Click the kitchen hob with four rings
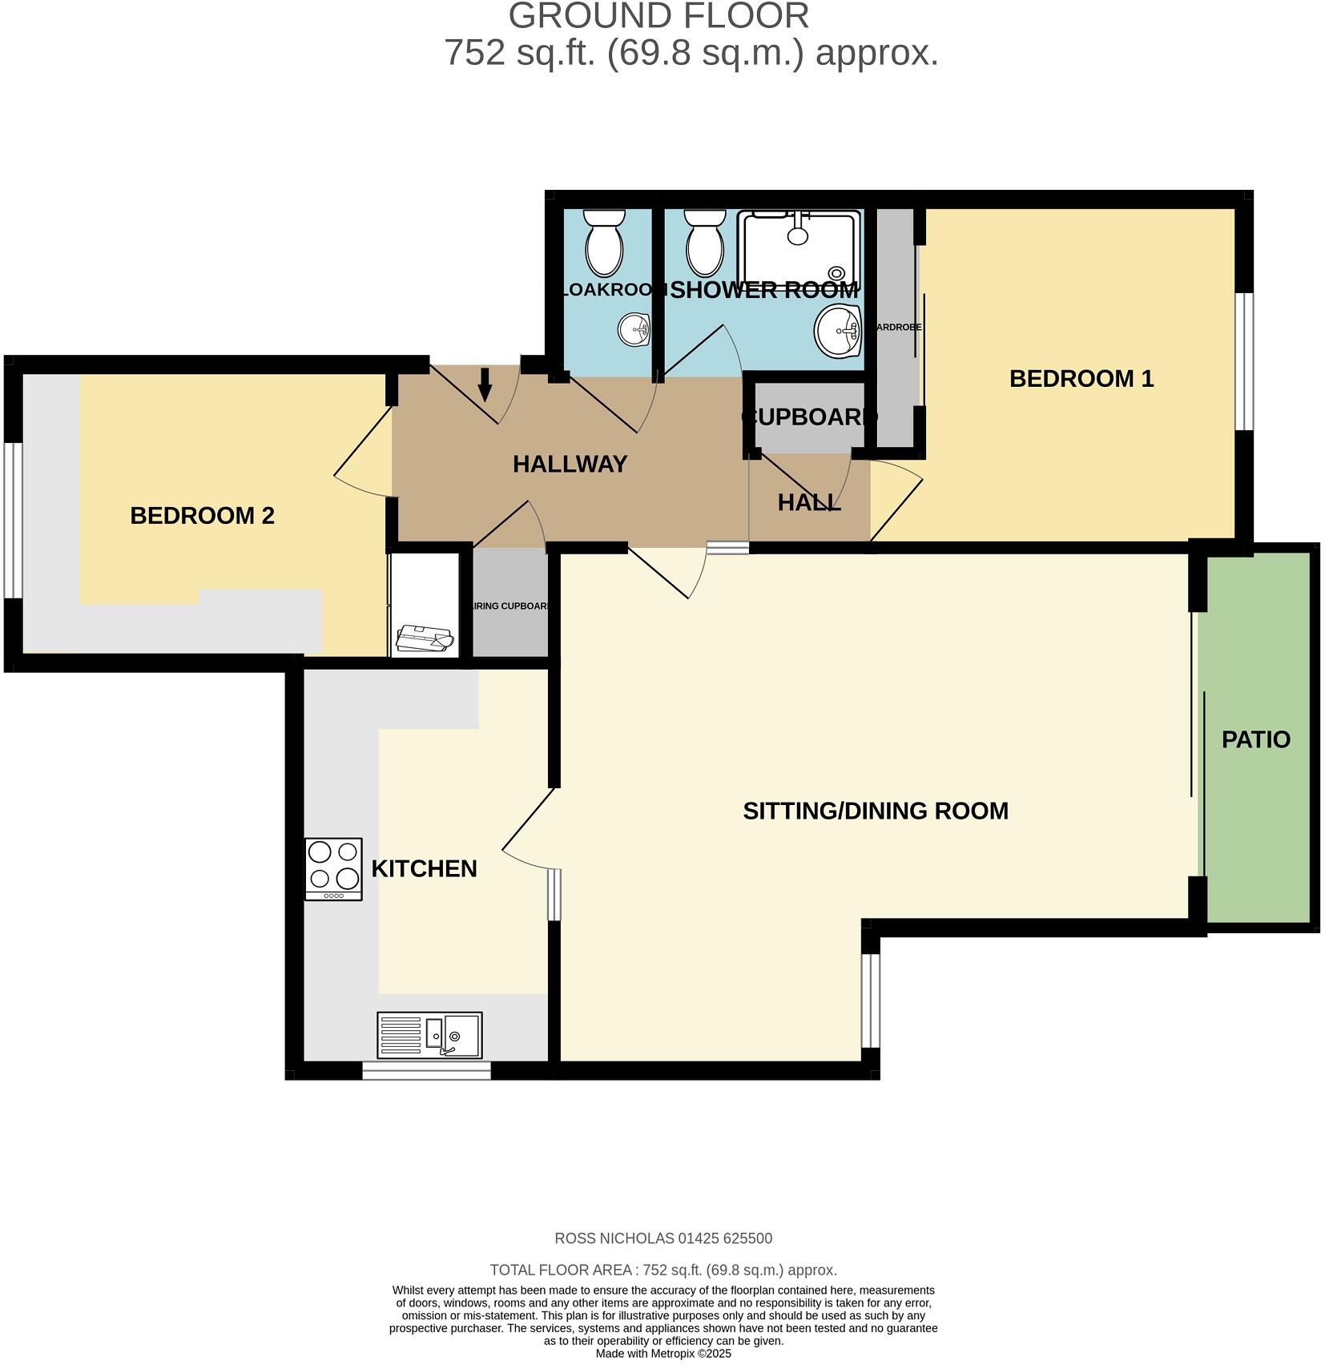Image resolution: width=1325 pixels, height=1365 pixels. [x=333, y=868]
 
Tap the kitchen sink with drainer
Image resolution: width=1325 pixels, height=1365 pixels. [x=429, y=1034]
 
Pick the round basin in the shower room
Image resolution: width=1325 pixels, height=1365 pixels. [x=837, y=330]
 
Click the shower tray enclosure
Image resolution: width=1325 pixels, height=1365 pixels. [x=800, y=248]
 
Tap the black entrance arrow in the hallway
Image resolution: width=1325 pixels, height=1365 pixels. [x=485, y=385]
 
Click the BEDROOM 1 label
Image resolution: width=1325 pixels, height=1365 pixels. [x=1081, y=378]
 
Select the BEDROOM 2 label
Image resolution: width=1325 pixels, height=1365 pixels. [x=202, y=515]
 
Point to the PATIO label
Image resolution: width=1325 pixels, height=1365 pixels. [x=1255, y=739]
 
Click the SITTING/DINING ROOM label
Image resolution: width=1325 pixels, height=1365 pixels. [x=875, y=811]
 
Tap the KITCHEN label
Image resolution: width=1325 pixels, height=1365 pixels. [x=424, y=868]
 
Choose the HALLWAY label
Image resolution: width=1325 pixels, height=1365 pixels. [x=570, y=464]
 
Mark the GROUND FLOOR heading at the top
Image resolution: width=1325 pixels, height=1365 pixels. [x=658, y=16]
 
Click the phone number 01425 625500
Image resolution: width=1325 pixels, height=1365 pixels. [x=725, y=1238]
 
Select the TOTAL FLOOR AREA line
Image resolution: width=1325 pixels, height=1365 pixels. [x=662, y=1270]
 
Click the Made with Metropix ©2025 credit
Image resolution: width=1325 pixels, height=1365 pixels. [x=662, y=1354]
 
